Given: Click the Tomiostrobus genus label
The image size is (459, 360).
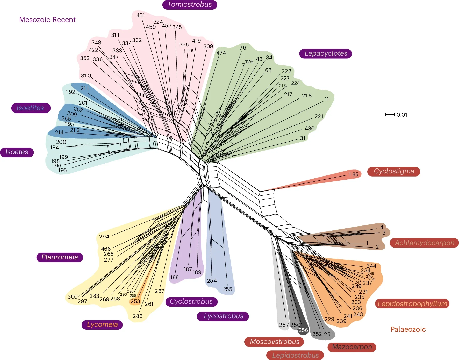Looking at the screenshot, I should (x=190, y=5).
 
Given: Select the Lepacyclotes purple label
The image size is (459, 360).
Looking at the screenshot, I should (x=325, y=53).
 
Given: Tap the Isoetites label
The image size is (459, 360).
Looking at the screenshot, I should (x=31, y=108).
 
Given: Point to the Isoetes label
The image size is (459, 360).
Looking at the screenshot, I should (x=17, y=152).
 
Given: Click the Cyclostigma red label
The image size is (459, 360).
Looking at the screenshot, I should (x=393, y=171).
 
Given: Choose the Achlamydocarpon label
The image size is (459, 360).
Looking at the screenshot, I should (x=424, y=243).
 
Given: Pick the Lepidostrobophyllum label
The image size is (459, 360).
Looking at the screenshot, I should (x=412, y=303).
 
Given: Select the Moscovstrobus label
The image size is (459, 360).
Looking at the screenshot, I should (x=274, y=342).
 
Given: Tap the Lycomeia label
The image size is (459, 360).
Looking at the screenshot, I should (x=102, y=324).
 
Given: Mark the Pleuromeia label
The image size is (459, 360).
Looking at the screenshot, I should (x=60, y=257).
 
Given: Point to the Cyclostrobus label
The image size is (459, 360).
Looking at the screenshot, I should (x=191, y=301).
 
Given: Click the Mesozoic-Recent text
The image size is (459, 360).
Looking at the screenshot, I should (x=47, y=20).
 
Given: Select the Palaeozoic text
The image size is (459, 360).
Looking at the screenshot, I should (x=408, y=329).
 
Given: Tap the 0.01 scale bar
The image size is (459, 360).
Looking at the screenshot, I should (x=390, y=115).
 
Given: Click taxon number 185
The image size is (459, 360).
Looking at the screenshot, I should (x=353, y=174).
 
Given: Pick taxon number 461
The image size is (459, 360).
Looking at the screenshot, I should (x=140, y=15).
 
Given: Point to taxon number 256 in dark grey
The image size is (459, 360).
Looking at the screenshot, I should (x=303, y=330).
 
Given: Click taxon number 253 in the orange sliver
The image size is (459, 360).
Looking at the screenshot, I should (x=135, y=301).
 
